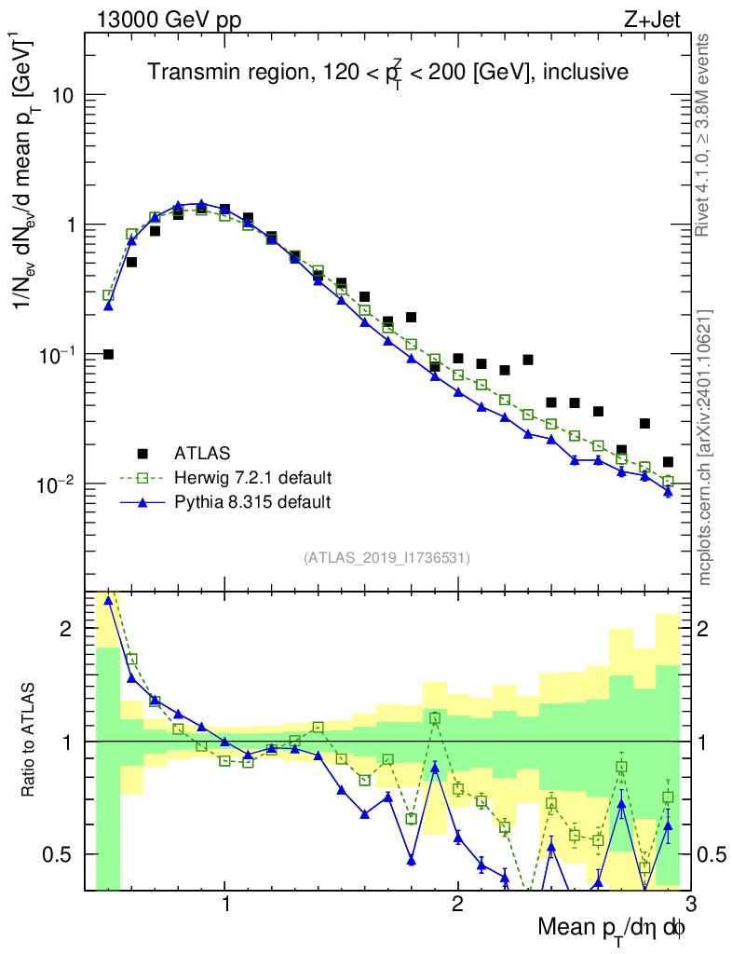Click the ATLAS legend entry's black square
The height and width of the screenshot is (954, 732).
pos(142,454)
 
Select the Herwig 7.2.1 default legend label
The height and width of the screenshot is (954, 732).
pos(253,478)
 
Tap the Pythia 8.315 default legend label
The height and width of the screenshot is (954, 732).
pos(252,502)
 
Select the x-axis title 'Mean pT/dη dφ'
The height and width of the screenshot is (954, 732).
pos(612,929)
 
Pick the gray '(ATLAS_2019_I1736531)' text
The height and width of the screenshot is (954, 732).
pos(386,558)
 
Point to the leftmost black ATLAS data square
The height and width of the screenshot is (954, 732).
pos(108,354)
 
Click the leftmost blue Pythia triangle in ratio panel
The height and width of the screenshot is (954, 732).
pos(108,600)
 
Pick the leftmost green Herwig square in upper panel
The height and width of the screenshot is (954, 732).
pos(108,295)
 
